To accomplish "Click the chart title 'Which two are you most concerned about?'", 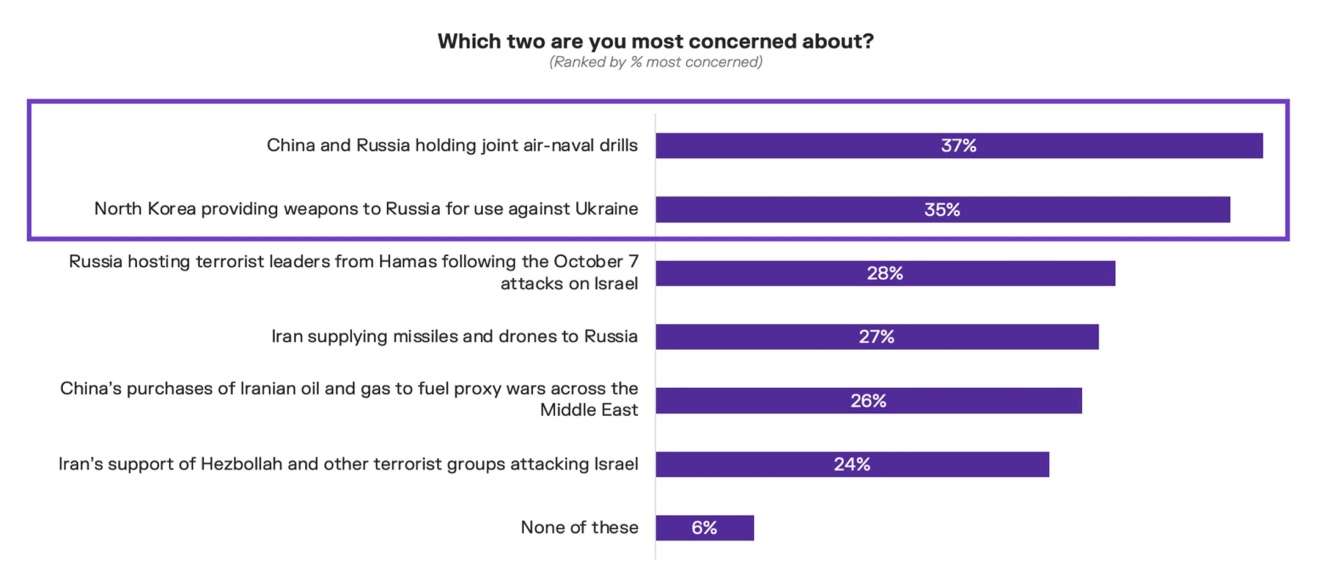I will [x=656, y=41].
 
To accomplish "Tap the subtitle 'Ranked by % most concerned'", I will [x=656, y=62].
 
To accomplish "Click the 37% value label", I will [x=958, y=146].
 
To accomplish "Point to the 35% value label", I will [x=942, y=209].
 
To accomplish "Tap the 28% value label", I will [x=885, y=273].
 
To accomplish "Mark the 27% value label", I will [x=877, y=337].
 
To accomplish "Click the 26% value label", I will [x=868, y=401].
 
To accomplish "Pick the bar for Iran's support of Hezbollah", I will [x=959, y=464].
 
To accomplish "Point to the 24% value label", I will [x=852, y=464].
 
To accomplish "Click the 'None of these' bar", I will [x=736, y=528].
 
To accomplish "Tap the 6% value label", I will [x=704, y=528].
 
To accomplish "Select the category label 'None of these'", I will [x=579, y=528].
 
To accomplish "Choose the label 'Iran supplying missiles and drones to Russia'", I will [x=454, y=337].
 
